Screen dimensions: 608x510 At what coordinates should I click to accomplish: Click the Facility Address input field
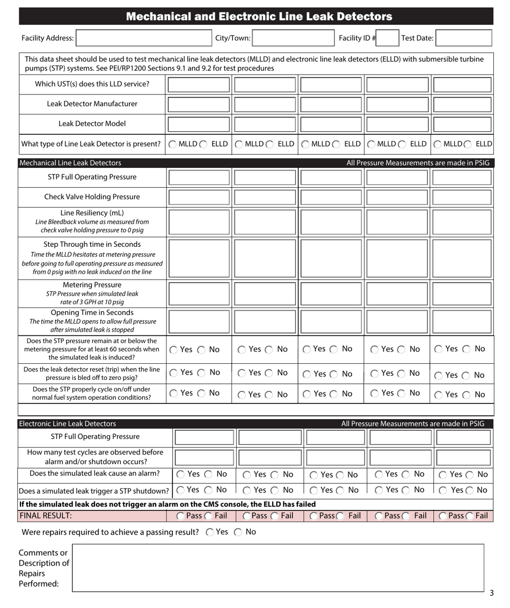[145, 38]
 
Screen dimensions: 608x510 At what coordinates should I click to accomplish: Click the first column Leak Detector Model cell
[198, 124]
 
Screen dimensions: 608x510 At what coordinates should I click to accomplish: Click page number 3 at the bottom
[491, 594]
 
